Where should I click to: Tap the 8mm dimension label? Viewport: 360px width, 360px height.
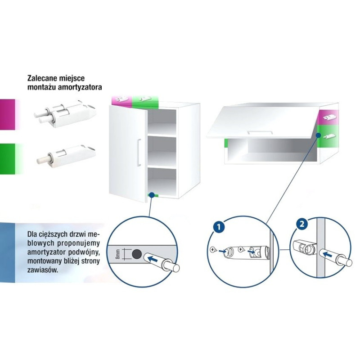coord(117,254)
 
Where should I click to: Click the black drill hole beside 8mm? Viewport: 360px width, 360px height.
coord(137,254)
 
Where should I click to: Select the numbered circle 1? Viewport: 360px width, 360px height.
coord(218,227)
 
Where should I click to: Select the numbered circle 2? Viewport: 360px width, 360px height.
coord(302,224)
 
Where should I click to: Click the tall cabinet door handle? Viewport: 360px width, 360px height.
coord(139,152)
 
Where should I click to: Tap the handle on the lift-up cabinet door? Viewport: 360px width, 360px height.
coord(260,132)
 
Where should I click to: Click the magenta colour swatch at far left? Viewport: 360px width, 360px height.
coord(8,114)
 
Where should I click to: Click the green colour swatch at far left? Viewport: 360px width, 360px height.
coord(8,159)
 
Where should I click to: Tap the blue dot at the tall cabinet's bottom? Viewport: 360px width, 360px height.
coord(152,195)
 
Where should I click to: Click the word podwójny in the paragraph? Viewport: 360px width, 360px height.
coord(85,252)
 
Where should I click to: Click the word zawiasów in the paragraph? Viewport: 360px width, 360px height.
coord(42,270)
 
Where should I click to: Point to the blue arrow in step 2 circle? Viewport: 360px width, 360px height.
coord(328,254)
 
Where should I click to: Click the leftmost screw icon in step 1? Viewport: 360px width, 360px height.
coord(213,249)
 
